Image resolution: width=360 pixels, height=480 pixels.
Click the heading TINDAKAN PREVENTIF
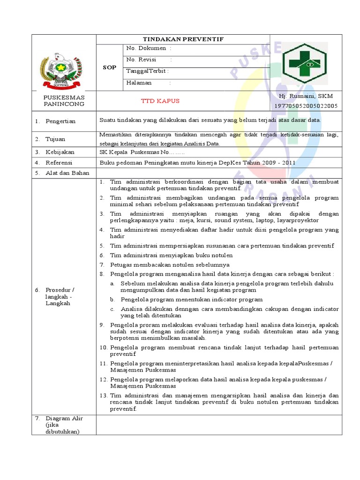click(183, 39)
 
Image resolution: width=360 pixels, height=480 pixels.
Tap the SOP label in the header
click(109, 67)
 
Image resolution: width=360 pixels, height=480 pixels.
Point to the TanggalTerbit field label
click(147, 71)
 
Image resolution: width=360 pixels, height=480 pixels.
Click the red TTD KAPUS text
click(160, 101)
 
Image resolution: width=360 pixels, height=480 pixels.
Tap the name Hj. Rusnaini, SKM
click(305, 96)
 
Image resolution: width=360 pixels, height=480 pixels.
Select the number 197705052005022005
click(305, 106)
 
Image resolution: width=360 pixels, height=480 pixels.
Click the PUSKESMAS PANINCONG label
click(64, 100)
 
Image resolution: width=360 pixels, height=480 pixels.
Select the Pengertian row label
click(60, 121)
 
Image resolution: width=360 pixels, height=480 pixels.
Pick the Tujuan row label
click(55, 139)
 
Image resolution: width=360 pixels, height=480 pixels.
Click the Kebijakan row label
click(60, 152)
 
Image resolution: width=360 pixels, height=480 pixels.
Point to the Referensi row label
click(59, 163)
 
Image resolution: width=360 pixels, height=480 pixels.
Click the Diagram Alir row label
click(64, 425)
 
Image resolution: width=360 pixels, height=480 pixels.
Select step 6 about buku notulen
click(171, 255)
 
